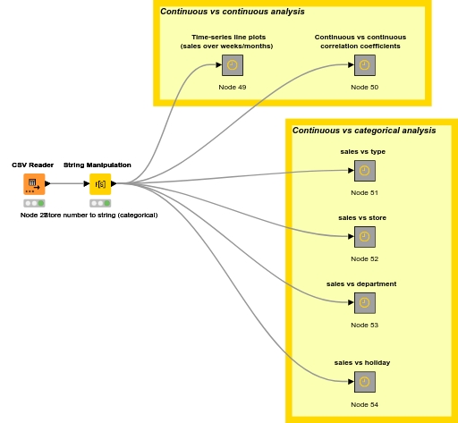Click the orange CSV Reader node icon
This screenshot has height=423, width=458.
click(x=34, y=183)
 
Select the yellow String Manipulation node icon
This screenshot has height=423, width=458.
click(x=100, y=183)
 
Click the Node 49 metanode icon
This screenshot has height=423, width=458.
click(x=233, y=65)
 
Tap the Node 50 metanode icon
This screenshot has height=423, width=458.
click(x=364, y=65)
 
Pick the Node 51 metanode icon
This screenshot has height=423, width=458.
click(x=364, y=171)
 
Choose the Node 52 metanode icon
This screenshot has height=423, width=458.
click(x=364, y=237)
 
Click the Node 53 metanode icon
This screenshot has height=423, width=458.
click(x=364, y=303)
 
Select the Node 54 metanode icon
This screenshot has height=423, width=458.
click(x=364, y=382)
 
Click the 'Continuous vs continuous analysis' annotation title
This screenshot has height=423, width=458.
click(x=233, y=12)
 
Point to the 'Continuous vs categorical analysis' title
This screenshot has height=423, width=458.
click(x=364, y=131)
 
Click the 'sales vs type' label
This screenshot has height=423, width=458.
click(x=362, y=151)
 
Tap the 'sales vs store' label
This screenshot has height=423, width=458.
click(x=362, y=217)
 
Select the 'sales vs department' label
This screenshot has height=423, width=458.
click(x=361, y=283)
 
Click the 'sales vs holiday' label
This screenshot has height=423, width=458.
click(x=362, y=362)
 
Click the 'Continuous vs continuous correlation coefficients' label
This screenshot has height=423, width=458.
click(x=360, y=41)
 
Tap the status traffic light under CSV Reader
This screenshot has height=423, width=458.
click(x=34, y=203)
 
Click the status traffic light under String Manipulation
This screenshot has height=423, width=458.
click(x=100, y=203)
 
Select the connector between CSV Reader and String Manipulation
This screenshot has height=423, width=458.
click(x=67, y=183)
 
